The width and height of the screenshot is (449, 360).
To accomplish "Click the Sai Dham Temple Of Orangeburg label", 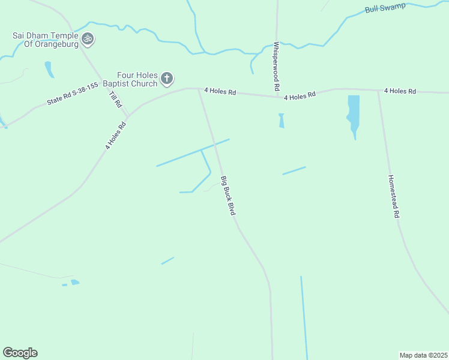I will [x=46, y=40].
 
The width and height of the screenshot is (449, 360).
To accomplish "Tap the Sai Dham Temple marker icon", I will [x=88, y=39].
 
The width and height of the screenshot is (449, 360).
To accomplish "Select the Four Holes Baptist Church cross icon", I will [x=167, y=78].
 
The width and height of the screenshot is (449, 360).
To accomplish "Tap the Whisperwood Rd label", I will [x=276, y=66].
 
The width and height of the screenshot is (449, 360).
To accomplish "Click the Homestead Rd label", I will [x=393, y=196].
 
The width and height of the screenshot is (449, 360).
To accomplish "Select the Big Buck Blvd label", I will [x=227, y=196].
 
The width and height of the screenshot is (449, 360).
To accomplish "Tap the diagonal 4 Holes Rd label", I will [x=116, y=136].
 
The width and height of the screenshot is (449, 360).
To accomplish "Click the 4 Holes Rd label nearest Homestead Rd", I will [x=400, y=91].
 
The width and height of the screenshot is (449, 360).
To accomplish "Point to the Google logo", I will [x=20, y=353].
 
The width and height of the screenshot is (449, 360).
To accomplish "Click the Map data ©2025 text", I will [x=423, y=355].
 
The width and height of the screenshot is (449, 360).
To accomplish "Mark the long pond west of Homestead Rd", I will [x=354, y=114].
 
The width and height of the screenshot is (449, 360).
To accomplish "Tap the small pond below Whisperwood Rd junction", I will [x=281, y=121].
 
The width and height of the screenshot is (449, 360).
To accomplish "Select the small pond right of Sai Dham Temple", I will [x=49, y=69].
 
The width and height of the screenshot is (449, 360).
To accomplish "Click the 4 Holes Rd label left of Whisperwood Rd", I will [x=220, y=91].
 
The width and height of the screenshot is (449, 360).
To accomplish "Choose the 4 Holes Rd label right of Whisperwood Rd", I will [x=300, y=96].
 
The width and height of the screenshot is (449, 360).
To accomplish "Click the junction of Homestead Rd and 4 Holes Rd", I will [x=378, y=91].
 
